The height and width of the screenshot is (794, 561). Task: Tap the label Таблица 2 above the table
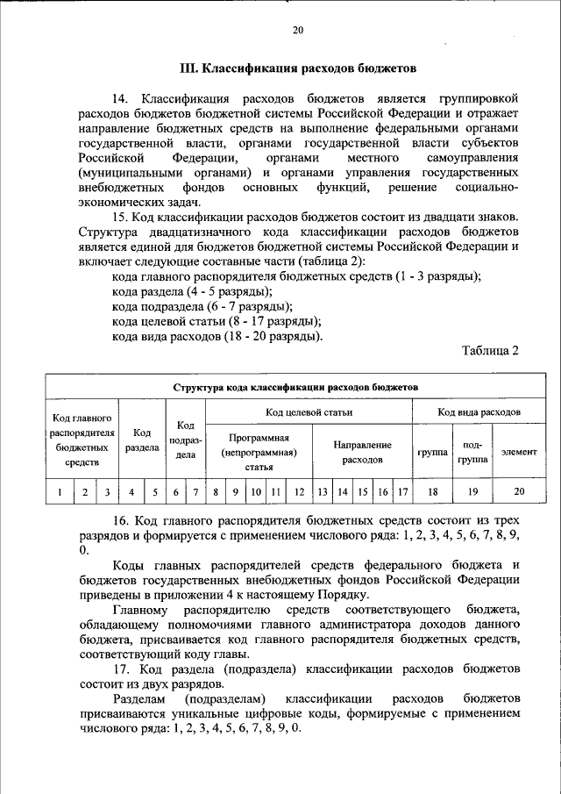(490, 351)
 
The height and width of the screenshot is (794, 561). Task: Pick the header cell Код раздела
(141, 440)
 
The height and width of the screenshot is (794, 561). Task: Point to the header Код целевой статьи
(309, 411)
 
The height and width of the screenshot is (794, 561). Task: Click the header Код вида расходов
(479, 411)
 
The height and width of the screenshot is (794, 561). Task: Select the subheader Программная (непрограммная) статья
(259, 452)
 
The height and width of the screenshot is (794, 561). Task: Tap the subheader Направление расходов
(362, 452)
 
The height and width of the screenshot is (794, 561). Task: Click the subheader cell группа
(431, 452)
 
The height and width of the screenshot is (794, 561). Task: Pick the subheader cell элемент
(518, 452)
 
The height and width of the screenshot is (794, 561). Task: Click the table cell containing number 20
(518, 492)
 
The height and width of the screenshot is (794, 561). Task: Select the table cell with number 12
(299, 492)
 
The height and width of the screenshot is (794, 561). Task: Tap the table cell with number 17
(402, 492)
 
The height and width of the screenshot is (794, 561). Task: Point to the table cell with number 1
(59, 492)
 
